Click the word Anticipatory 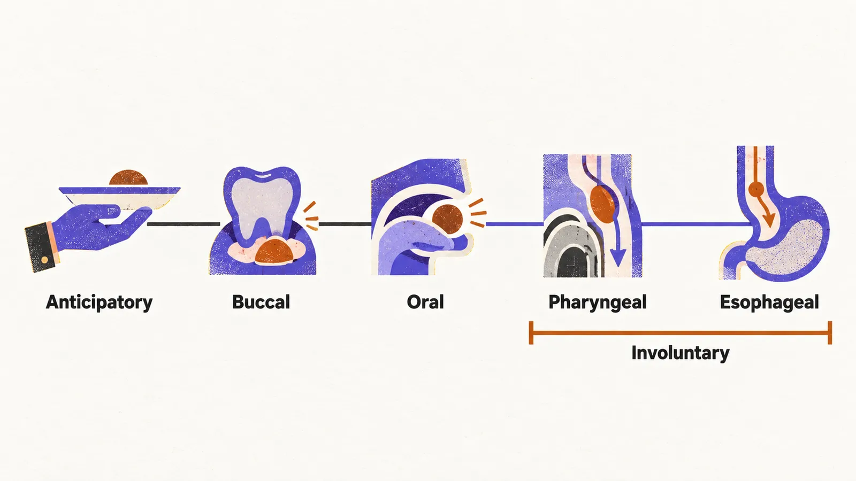point(99,302)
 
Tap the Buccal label point(261,302)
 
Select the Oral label point(425,302)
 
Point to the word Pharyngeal point(597,302)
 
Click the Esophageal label point(769,302)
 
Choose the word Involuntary point(680,353)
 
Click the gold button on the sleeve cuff point(45,260)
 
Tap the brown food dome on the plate point(128,179)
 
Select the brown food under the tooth point(274,251)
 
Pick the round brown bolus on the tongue point(447,219)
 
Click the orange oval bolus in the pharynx point(603,205)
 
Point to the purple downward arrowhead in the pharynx point(617,257)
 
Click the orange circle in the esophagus point(756,189)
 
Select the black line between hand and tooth point(184,224)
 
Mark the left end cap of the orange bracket point(531,333)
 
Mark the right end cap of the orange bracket point(830,333)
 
